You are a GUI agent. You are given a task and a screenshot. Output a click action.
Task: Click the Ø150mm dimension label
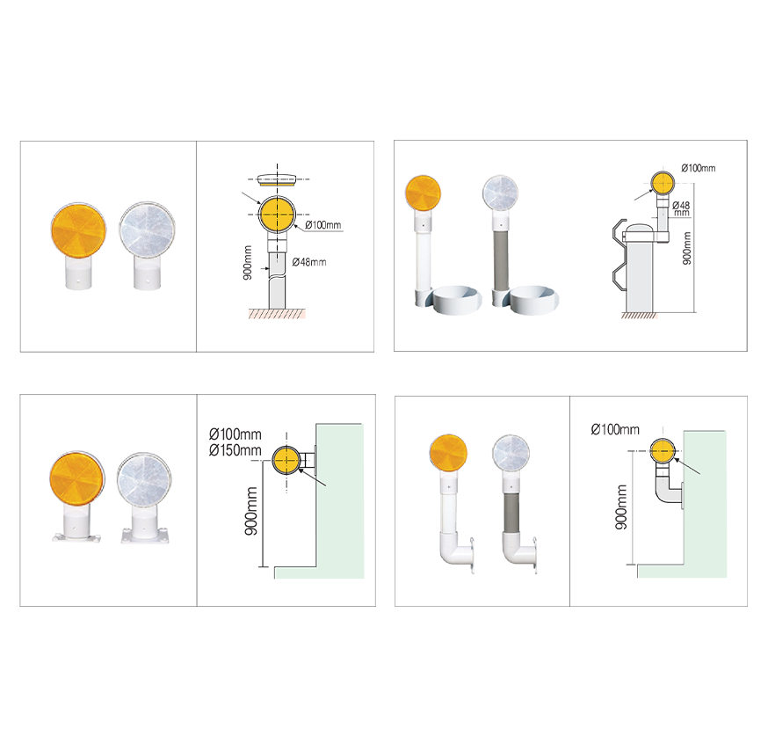coord(235,450)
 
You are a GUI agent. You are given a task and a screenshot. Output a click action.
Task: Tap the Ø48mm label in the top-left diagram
coord(309,262)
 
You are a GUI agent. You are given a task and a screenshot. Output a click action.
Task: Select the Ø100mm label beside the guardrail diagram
coord(698,168)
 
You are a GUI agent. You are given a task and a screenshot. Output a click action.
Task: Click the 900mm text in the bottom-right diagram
coord(621,507)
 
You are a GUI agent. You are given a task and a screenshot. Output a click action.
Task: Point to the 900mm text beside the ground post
coord(248,263)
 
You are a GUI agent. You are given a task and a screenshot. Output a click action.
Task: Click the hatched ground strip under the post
coord(277,314)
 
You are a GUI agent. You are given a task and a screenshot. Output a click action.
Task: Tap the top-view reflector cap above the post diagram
coord(277,180)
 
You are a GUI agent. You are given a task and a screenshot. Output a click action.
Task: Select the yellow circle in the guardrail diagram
coord(663,183)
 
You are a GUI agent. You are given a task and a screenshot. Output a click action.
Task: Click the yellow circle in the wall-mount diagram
coord(287,461)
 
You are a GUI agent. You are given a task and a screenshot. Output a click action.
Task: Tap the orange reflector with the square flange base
coord(77,495)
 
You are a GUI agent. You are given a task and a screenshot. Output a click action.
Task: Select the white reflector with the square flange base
coord(144,497)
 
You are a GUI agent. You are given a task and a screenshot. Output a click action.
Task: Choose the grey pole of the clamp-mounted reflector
coord(500,261)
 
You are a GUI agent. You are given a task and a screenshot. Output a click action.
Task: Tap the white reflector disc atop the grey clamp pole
coord(500,193)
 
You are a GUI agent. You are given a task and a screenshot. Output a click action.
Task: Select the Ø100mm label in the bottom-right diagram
coord(615,430)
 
